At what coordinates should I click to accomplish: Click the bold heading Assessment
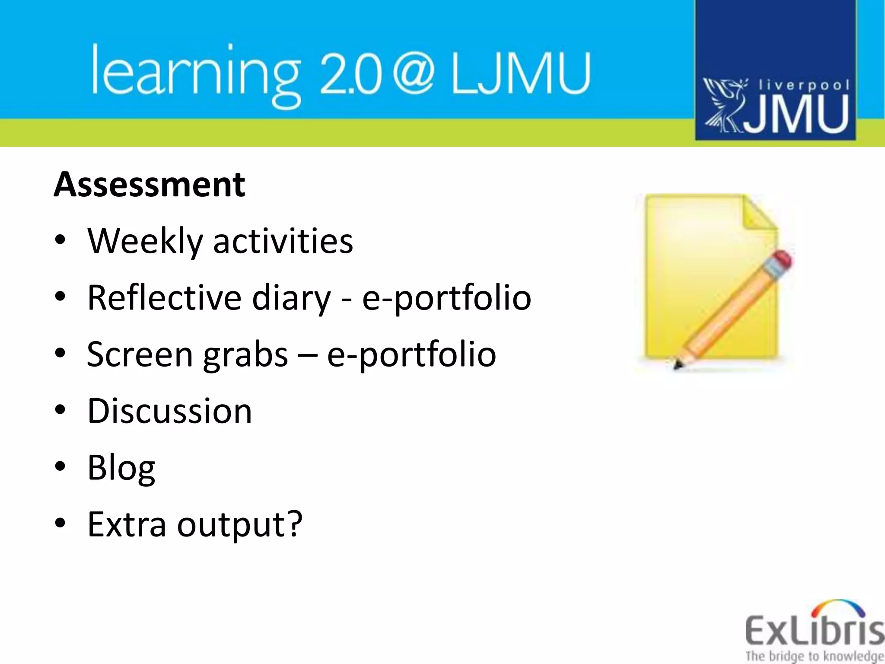[x=150, y=185]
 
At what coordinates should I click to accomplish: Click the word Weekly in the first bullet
[x=145, y=241]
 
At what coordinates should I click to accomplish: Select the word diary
[x=291, y=298]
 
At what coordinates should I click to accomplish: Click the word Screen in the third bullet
[x=140, y=354]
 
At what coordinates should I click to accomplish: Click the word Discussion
[x=169, y=411]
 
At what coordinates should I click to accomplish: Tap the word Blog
[x=121, y=468]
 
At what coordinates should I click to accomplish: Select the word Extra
[x=127, y=524]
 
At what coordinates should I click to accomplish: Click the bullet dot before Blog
[x=60, y=466]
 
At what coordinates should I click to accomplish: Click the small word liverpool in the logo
[x=804, y=85]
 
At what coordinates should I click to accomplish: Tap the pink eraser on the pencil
[x=781, y=262]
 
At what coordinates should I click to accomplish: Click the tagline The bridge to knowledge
[x=814, y=656]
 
